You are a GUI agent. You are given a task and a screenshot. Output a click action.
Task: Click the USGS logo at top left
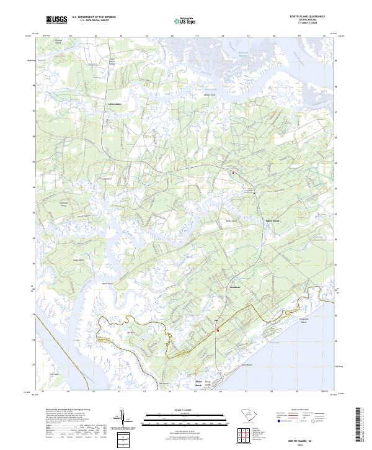[56, 20]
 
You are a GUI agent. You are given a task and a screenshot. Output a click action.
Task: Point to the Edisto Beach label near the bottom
[200, 384]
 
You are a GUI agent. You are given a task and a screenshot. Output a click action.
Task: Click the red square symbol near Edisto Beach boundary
[218, 330]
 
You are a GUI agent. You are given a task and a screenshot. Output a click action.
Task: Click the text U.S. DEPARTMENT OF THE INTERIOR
[94, 17]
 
